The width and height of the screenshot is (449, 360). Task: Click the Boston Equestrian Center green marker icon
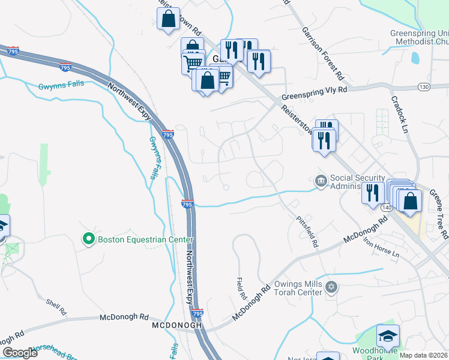89,239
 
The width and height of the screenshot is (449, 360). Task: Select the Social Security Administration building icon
321,180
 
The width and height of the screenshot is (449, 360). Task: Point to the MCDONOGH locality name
175,326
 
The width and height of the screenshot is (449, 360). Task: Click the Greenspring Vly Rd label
314,91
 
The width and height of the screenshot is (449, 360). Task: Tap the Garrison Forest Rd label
323,54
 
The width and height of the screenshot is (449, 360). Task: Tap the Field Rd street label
241,289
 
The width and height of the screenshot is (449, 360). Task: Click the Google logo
20,353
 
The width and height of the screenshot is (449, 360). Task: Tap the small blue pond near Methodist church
415,58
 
